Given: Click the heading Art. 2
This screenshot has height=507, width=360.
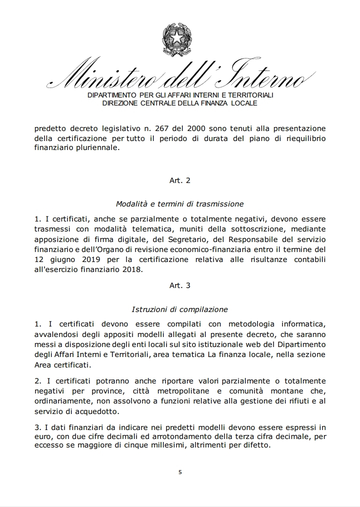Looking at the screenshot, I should coord(180,180).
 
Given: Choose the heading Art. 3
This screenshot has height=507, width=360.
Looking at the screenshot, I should coord(180,285).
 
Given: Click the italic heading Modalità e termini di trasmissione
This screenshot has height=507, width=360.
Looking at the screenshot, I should coord(180,203).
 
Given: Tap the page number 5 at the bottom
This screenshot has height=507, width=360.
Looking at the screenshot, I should coord(180,471).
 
